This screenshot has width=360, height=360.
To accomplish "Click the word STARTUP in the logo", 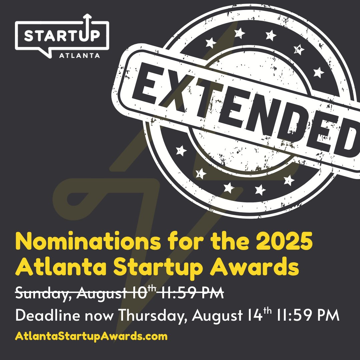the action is (x=62, y=36).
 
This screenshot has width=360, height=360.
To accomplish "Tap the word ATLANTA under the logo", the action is (x=79, y=56).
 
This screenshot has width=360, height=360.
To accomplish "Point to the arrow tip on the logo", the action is (x=87, y=15).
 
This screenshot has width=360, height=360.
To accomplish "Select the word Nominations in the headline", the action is (x=88, y=241).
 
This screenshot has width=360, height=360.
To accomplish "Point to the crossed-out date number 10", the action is (x=140, y=293).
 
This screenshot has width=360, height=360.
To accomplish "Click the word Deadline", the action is (x=48, y=315).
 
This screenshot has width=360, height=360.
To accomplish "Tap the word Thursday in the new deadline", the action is (x=152, y=316).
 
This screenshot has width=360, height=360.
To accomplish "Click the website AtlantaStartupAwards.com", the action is (x=91, y=336).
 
